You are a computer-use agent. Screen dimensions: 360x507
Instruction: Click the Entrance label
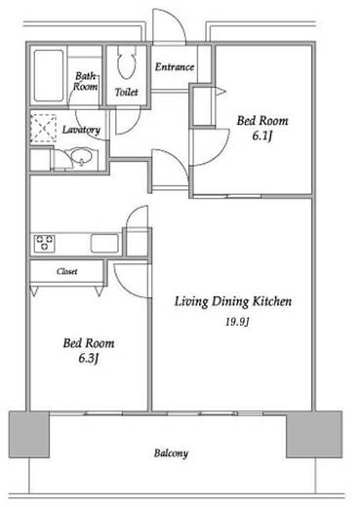click(175, 67)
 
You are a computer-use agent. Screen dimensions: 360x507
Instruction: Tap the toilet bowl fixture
click(126, 61)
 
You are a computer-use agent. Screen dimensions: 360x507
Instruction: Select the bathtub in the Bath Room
click(49, 75)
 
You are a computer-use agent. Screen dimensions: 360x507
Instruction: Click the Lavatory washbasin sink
click(79, 157)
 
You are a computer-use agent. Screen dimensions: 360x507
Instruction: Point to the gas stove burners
click(45, 243)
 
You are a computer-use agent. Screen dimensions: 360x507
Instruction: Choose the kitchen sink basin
click(104, 243)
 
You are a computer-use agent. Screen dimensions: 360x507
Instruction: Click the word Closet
click(67, 271)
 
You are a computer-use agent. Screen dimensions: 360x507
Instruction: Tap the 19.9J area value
click(237, 322)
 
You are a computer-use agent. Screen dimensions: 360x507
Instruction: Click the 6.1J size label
click(261, 136)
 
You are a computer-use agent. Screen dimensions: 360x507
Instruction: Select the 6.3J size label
click(88, 359)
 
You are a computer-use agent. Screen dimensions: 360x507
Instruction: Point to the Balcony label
click(171, 453)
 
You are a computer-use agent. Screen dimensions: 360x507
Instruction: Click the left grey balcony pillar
click(29, 434)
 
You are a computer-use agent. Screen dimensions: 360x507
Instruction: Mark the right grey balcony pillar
click(314, 434)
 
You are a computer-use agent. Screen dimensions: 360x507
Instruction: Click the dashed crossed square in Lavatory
click(43, 129)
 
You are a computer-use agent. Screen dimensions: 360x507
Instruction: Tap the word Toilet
click(126, 92)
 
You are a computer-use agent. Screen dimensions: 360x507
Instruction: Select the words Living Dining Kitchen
click(233, 301)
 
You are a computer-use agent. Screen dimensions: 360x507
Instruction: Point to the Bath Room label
click(85, 81)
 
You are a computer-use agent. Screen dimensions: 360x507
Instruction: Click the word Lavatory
click(81, 130)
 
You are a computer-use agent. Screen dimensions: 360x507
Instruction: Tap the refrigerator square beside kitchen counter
click(138, 243)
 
